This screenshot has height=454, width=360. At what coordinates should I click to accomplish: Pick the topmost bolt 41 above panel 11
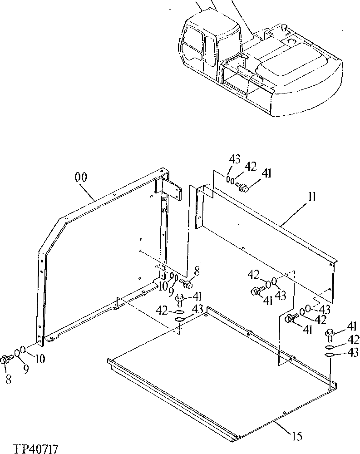coord(243,187)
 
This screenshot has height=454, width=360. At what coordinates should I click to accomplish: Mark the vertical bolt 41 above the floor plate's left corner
coord(180,299)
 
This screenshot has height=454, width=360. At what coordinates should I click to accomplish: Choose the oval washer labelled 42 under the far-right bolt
coord(330,347)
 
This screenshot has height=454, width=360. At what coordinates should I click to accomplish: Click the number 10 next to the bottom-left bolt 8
coord(40,359)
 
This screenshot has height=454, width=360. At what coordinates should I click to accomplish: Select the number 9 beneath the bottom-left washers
coord(26,370)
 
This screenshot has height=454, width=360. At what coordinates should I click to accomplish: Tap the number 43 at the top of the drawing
coord(234,159)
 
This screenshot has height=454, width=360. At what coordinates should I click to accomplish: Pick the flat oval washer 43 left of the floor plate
coord(180,320)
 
